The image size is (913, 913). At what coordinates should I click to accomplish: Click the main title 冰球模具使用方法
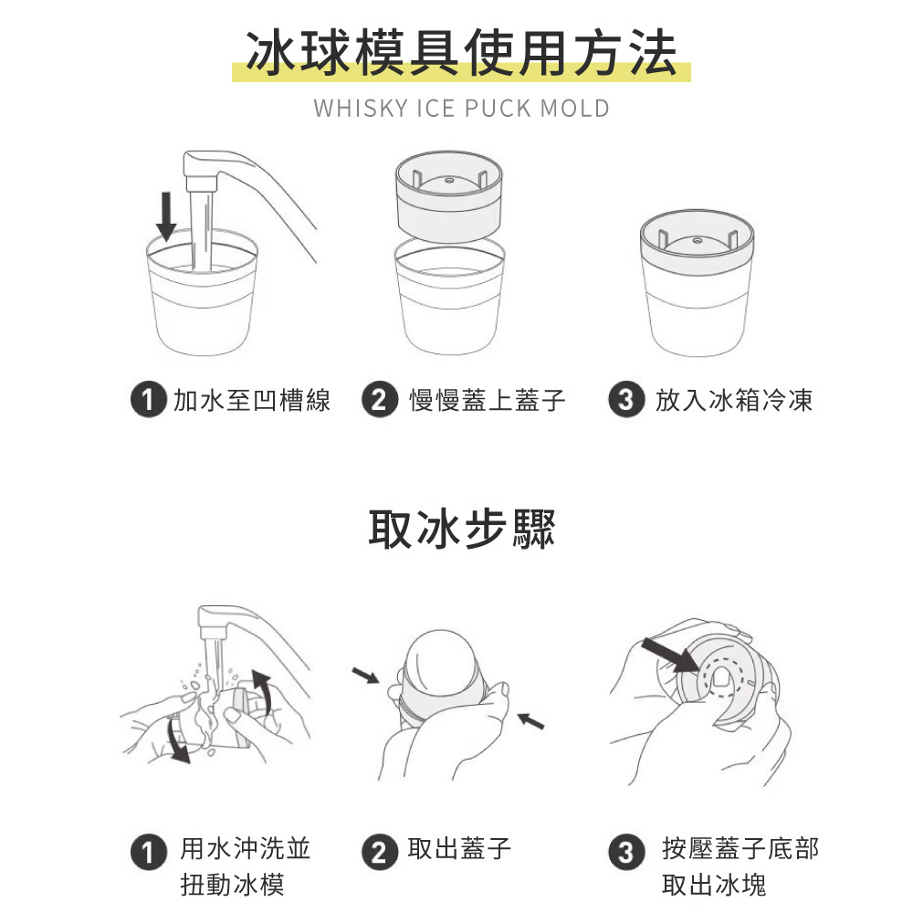pyautogui.click(x=461, y=54)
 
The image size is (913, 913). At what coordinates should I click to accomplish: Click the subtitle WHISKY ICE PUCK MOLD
pyautogui.click(x=461, y=109)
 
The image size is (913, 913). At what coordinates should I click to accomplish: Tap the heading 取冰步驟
pyautogui.click(x=461, y=529)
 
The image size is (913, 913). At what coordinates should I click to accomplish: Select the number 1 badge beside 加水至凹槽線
pyautogui.click(x=149, y=400)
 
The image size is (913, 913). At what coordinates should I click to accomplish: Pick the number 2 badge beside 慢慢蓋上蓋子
pyautogui.click(x=379, y=400)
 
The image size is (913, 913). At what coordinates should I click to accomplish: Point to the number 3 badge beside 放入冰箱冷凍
pyautogui.click(x=626, y=400)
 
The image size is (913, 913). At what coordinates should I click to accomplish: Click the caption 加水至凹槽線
pyautogui.click(x=252, y=400)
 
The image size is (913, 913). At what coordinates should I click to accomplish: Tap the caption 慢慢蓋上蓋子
pyautogui.click(x=487, y=400)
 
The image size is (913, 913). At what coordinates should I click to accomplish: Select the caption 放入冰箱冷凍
pyautogui.click(x=734, y=400)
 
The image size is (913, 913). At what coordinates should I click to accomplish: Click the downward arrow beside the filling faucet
pyautogui.click(x=166, y=216)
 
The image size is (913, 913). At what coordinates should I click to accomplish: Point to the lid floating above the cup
pyautogui.click(x=448, y=196)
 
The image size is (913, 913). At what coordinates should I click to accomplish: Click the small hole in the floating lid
pyautogui.click(x=449, y=181)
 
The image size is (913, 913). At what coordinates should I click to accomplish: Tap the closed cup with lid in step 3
pyautogui.click(x=697, y=282)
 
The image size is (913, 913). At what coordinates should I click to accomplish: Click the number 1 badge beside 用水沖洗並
pyautogui.click(x=149, y=852)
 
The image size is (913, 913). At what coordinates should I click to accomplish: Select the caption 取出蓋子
pyautogui.click(x=459, y=848)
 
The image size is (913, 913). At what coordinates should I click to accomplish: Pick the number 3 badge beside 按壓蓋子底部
pyautogui.click(x=626, y=852)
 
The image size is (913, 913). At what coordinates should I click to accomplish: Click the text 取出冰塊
pyautogui.click(x=713, y=885)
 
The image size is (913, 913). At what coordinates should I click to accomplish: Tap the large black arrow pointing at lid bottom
pyautogui.click(x=669, y=656)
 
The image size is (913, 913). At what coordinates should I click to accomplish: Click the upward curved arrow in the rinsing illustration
pyautogui.click(x=263, y=691)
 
